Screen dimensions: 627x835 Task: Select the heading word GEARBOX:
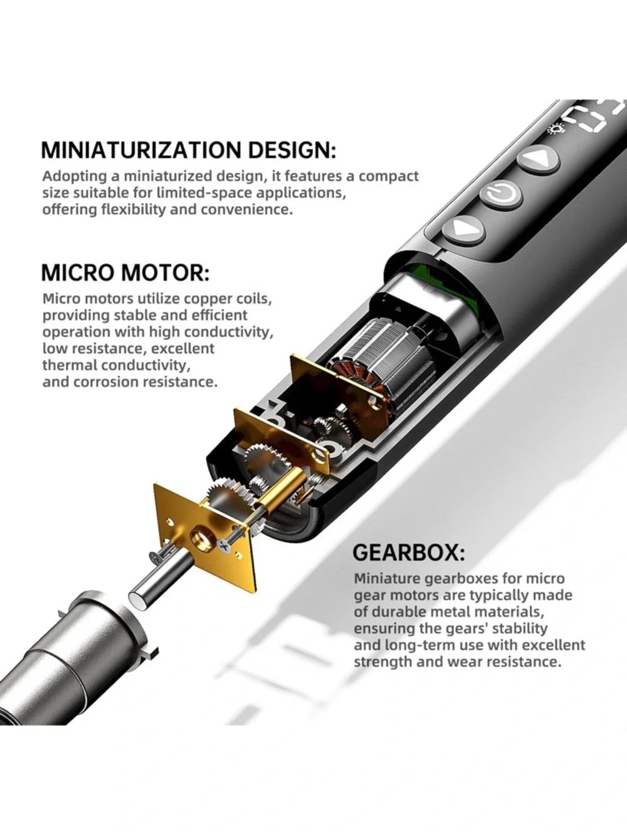point(408,552)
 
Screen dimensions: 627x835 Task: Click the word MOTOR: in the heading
point(167,272)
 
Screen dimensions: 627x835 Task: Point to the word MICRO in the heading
point(80,272)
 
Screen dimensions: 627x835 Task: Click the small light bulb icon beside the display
point(555,129)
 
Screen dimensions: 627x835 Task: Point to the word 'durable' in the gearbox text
point(400,623)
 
